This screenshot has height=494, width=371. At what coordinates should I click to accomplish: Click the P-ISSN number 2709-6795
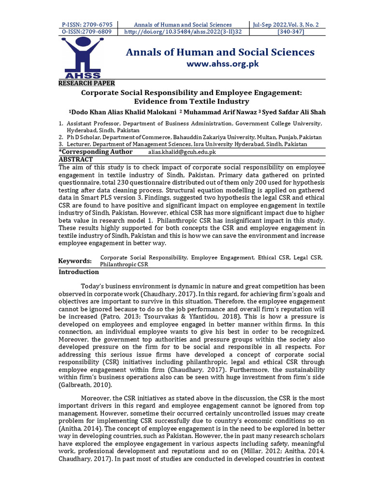point(87,25)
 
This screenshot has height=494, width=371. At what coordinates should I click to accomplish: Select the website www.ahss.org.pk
point(220,64)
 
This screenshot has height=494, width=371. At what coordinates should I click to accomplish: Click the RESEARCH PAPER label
point(86,83)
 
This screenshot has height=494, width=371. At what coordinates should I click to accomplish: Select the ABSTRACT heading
point(75,159)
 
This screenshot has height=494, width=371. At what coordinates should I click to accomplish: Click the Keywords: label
point(75,261)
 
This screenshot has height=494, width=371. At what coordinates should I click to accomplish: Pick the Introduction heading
point(78,272)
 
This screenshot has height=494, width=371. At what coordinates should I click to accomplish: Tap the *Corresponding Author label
point(96,152)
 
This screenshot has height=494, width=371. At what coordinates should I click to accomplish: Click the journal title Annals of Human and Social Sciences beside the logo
point(220,52)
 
